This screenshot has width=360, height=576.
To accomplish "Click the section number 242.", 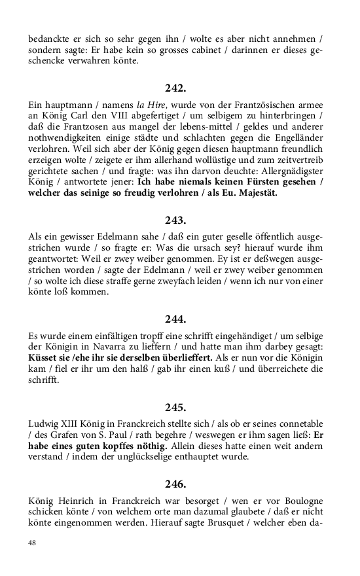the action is (175, 87).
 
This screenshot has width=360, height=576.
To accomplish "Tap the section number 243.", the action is (175, 221).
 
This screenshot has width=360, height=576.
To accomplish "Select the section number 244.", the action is (175, 319).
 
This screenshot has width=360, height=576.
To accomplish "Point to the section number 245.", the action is (175, 406).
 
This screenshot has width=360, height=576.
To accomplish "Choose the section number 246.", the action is (175, 484).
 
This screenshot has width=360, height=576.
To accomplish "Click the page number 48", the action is (32, 543).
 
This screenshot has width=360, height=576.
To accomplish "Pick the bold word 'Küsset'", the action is (45, 359).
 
